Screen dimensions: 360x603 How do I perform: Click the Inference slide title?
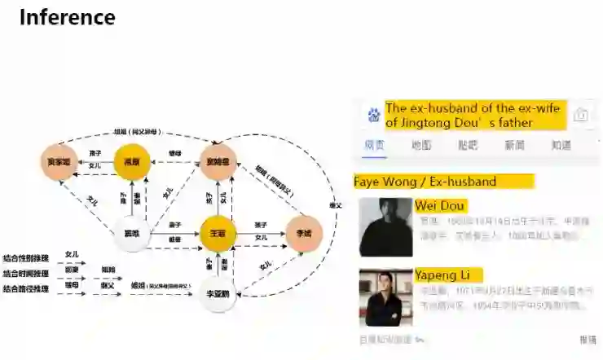click(67, 17)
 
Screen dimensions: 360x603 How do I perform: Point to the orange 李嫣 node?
click(303, 235)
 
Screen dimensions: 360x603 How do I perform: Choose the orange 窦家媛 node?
click(58, 161)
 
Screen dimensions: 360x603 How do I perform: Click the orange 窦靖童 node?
click(218, 161)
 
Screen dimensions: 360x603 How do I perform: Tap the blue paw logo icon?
click(373, 115)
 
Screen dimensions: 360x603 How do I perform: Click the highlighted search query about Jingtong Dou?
click(474, 115)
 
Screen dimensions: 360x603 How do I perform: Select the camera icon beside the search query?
click(580, 115)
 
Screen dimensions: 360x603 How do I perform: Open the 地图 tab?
click(421, 146)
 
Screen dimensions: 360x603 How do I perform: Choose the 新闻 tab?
click(514, 146)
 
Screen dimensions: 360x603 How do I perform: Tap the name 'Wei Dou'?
click(440, 206)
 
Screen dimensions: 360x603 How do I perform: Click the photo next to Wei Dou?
click(385, 227)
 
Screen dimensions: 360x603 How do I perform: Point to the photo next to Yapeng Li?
click(385, 297)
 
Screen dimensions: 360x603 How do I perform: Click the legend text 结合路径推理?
click(26, 288)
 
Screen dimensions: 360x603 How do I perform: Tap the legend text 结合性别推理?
click(26, 257)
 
